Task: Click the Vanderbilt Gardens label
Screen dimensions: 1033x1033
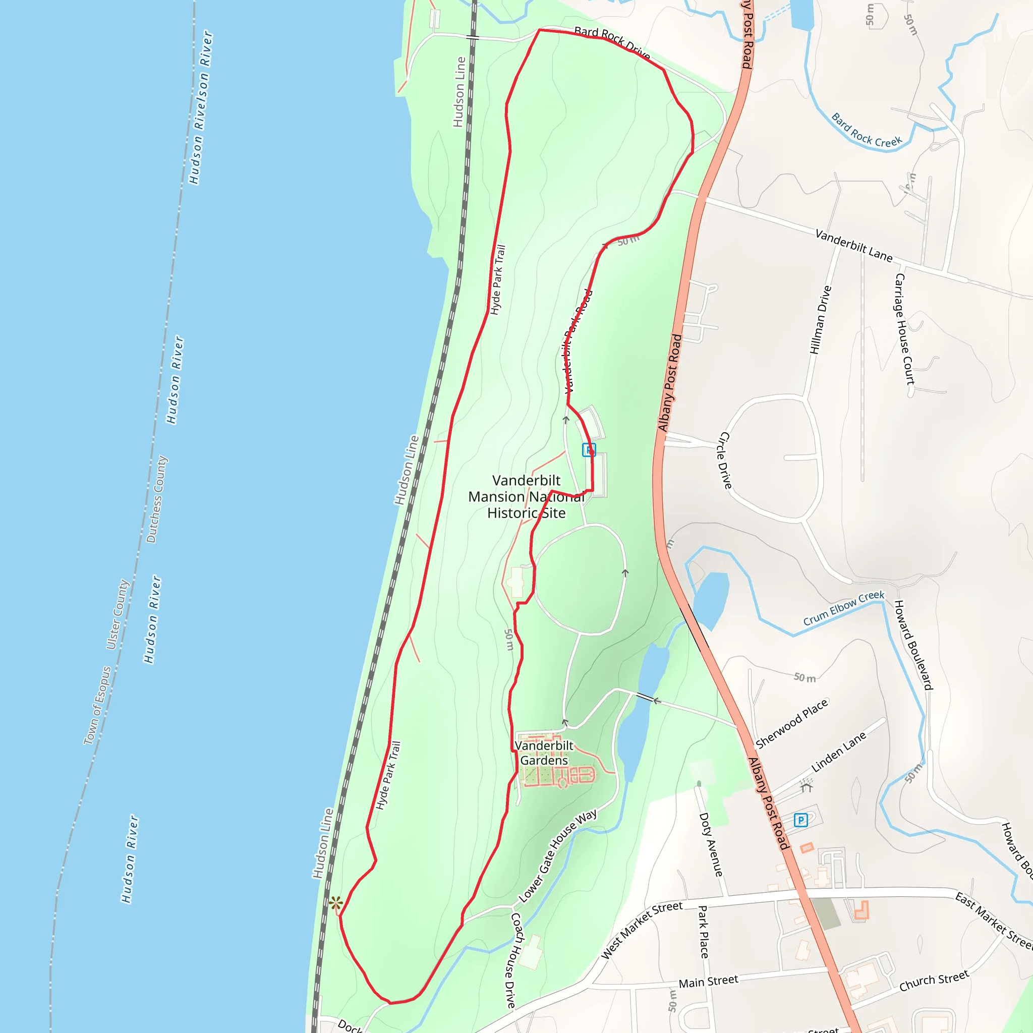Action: pyautogui.click(x=544, y=753)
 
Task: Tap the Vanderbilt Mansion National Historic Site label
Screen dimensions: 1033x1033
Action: pyautogui.click(x=526, y=497)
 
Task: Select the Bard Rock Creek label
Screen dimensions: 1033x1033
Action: pyautogui.click(x=866, y=131)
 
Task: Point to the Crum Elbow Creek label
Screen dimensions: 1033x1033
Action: pyautogui.click(x=844, y=608)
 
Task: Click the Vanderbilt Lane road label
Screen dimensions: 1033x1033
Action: pyautogui.click(x=854, y=246)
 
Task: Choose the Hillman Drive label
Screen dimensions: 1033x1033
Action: pyautogui.click(x=821, y=320)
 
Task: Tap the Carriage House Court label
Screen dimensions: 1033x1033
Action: pyautogui.click(x=905, y=329)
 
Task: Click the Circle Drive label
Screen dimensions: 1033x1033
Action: pyautogui.click(x=724, y=461)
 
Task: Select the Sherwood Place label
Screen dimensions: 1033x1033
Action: pyautogui.click(x=792, y=724)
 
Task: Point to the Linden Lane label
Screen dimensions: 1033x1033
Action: pyautogui.click(x=838, y=752)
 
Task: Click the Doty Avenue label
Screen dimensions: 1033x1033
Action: pyautogui.click(x=711, y=845)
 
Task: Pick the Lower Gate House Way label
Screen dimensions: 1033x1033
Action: pyautogui.click(x=558, y=856)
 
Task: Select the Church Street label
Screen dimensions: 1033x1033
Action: pyautogui.click(x=934, y=981)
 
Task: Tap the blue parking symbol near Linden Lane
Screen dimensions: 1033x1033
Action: pyautogui.click(x=800, y=820)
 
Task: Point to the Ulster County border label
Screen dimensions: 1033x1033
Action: pyautogui.click(x=118, y=615)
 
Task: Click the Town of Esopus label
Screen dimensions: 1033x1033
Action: pyautogui.click(x=97, y=705)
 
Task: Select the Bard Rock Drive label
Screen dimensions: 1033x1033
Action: pyautogui.click(x=612, y=43)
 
